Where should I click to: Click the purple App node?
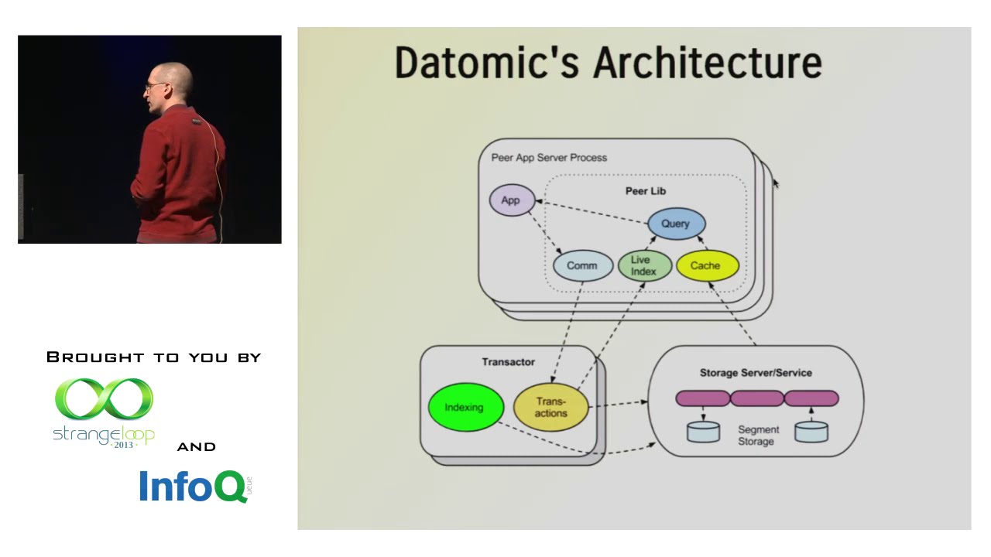(x=510, y=200)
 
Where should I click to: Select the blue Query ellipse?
(x=675, y=224)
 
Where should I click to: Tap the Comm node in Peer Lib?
(x=582, y=265)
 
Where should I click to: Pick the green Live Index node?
(x=643, y=265)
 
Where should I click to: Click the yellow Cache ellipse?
(x=705, y=265)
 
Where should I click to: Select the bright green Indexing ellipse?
(x=465, y=408)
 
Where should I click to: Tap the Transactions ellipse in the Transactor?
(x=551, y=408)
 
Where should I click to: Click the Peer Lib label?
(x=646, y=191)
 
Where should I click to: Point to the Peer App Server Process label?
(x=549, y=158)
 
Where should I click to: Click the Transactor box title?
(x=508, y=362)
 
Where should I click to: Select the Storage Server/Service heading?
(x=756, y=373)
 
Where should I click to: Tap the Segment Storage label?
(x=757, y=436)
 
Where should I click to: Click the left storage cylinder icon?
(x=703, y=432)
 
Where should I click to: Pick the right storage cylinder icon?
(x=811, y=432)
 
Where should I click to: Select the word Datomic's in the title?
(x=486, y=63)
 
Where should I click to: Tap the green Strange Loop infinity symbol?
(x=104, y=400)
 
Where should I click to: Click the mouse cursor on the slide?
(x=776, y=183)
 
